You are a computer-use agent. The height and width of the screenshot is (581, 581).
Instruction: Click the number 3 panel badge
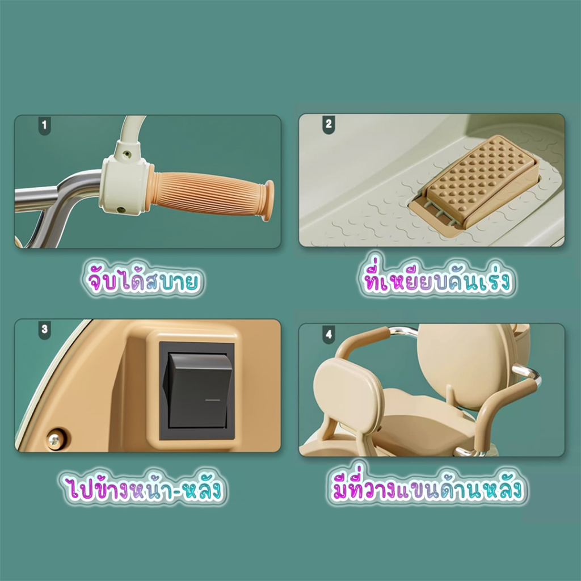[44, 330]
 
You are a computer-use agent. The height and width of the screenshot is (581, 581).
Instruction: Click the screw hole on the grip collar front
[121, 210]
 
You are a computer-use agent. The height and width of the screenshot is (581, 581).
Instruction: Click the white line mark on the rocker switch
[212, 399]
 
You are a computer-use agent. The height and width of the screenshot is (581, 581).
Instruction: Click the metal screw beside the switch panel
[56, 438]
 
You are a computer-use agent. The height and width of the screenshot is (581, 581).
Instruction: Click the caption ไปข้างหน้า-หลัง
[141, 489]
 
